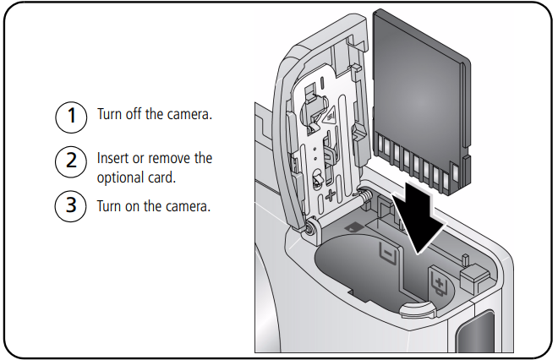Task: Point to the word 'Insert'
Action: click(113, 158)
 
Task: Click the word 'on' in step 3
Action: click(134, 206)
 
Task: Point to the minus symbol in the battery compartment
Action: click(386, 252)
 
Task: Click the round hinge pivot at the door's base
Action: click(311, 227)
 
